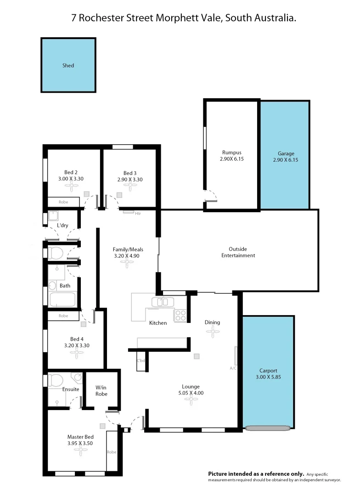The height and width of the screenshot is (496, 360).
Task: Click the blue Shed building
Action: coord(68,65)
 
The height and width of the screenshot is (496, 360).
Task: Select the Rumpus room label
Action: coord(231,152)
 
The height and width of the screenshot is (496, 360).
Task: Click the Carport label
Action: coord(268,371)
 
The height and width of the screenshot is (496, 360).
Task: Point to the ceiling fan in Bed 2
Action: coord(71,186)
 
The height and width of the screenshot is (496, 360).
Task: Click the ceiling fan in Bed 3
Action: coord(130,186)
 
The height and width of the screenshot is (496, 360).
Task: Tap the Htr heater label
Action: coord(137,213)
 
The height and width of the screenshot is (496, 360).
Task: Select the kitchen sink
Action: coord(162,302)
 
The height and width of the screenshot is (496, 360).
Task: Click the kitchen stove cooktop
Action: coord(180,316)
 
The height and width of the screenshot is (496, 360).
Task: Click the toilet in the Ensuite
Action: coord(56,381)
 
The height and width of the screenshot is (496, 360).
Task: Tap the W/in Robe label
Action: coord(101,390)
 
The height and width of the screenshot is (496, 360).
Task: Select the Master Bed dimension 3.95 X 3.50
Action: coord(80,444)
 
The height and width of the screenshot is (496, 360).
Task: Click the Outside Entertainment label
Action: coord(238,252)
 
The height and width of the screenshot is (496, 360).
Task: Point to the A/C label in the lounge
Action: coord(233,368)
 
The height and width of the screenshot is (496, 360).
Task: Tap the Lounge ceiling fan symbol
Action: coord(190,400)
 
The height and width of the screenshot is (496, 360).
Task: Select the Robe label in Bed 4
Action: coord(63,316)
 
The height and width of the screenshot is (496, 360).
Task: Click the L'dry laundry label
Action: coord(62,225)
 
